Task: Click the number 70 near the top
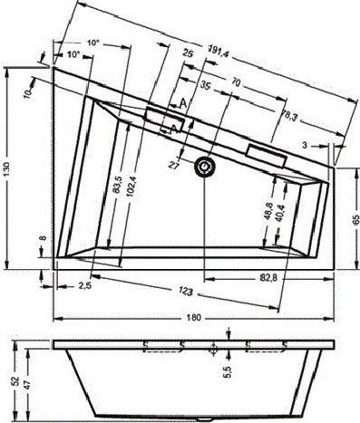tap(237, 82)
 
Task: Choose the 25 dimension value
tap(189, 55)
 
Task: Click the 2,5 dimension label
tap(84, 285)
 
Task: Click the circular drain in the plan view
tap(209, 167)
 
